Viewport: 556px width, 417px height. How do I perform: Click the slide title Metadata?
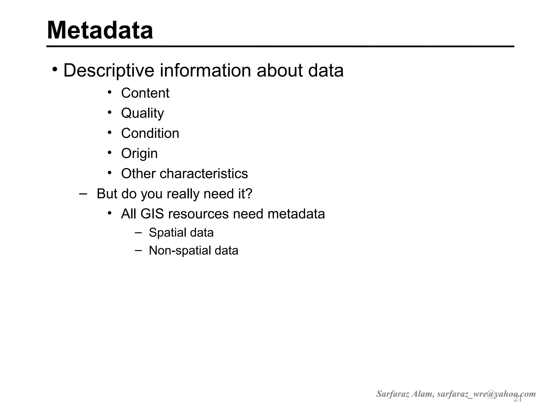tap(100, 30)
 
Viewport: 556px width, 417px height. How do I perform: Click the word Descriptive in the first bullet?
tap(109, 71)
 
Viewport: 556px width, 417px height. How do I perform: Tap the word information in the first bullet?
tap(205, 71)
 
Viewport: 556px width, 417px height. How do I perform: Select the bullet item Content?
tap(145, 93)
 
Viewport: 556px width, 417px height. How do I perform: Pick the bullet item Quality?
tap(142, 113)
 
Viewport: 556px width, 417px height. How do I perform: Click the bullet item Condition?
tap(150, 133)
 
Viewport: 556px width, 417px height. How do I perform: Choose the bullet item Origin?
tap(139, 154)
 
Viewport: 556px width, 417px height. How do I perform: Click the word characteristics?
tap(204, 173)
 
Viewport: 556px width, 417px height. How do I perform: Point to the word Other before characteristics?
tap(138, 173)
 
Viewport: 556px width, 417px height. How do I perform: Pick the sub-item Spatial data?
tap(181, 233)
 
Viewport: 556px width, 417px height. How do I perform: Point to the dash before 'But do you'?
tap(83, 194)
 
